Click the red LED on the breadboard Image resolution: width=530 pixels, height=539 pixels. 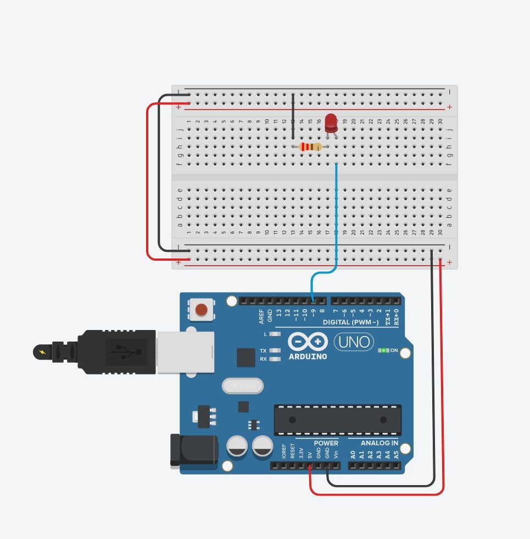click(331, 123)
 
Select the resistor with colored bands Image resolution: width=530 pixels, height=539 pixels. click(311, 147)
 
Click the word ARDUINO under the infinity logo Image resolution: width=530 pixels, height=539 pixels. click(308, 356)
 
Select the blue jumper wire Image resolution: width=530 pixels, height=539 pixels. click(336, 220)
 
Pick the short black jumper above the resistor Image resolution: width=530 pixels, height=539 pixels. click(293, 116)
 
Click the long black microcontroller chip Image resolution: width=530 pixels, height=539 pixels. click(337, 420)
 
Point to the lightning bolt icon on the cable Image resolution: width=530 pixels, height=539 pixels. click(42, 351)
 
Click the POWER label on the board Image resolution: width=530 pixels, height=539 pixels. click(326, 443)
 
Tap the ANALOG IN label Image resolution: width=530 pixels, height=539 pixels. click(380, 443)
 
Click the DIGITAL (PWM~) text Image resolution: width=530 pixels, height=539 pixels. click(350, 322)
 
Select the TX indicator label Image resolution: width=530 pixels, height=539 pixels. click(264, 351)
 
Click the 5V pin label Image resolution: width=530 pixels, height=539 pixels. click(310, 455)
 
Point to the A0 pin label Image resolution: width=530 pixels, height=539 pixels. click(353, 455)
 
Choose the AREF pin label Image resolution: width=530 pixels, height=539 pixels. click(261, 316)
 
